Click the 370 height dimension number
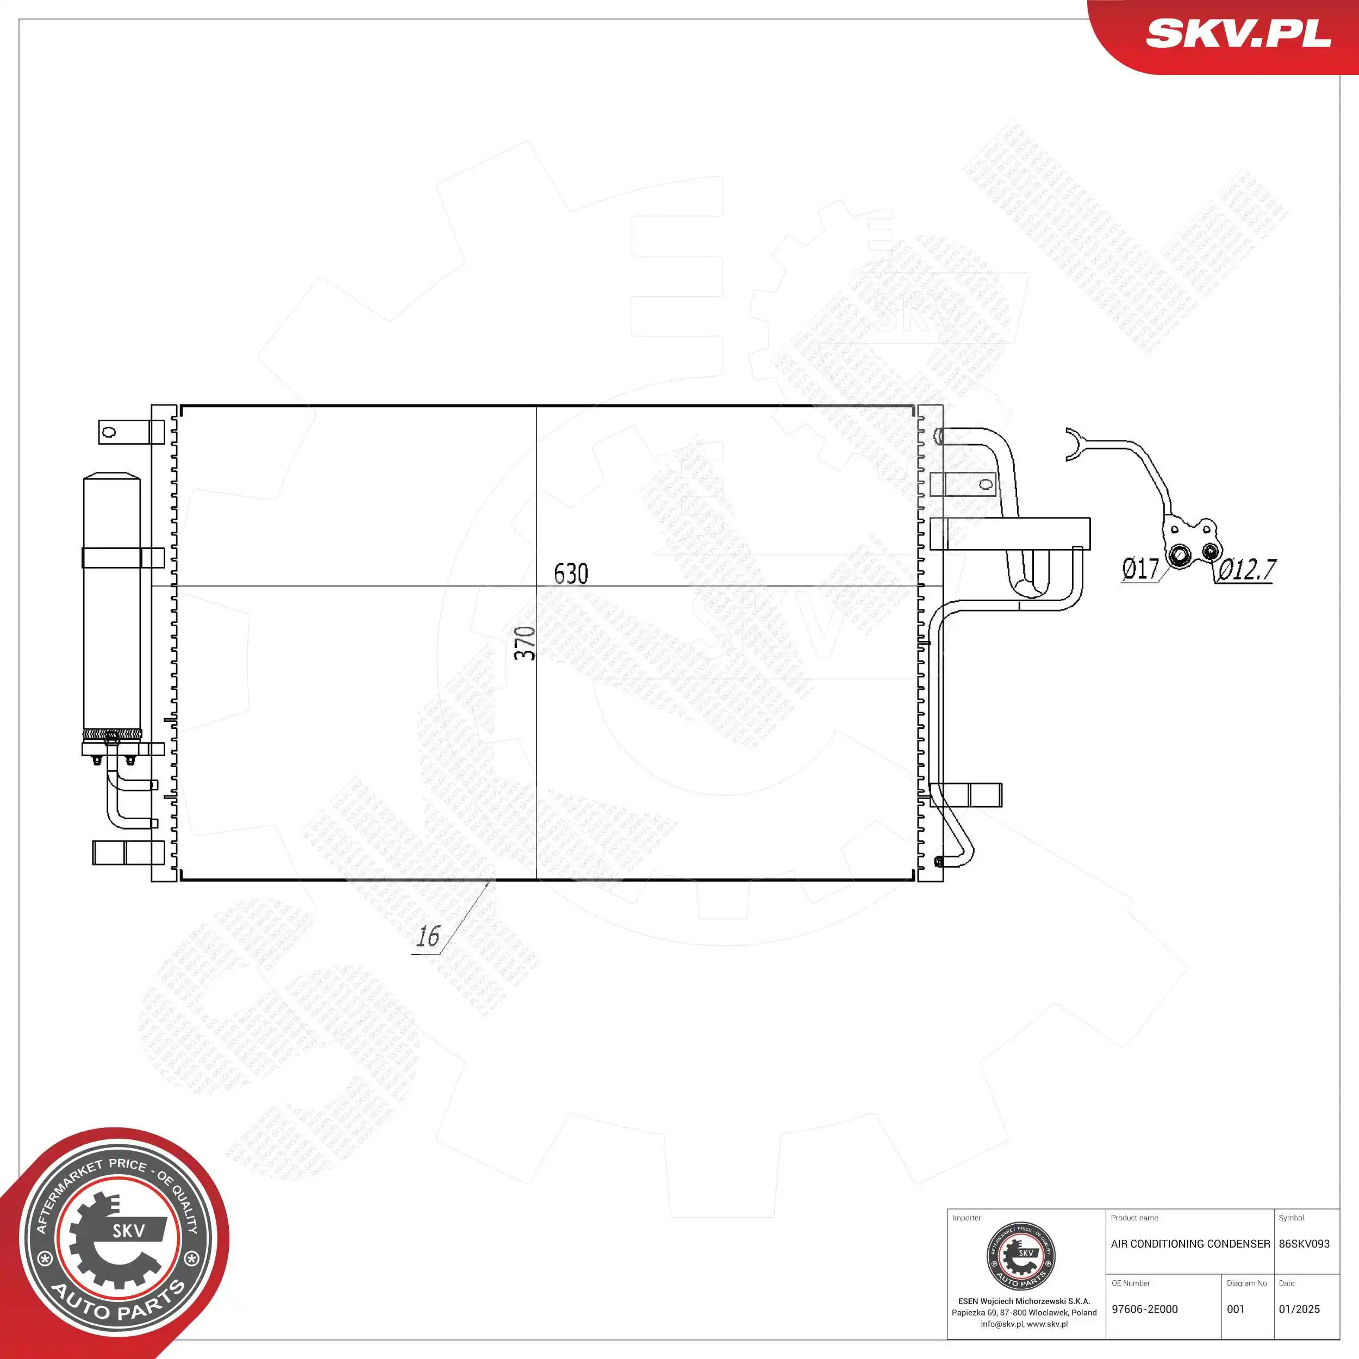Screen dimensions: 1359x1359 pyautogui.click(x=525, y=643)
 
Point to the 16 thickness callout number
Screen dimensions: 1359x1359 pyautogui.click(x=428, y=936)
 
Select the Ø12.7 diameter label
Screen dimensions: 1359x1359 pyautogui.click(x=1247, y=569)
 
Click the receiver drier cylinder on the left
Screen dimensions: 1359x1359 pyautogui.click(x=112, y=605)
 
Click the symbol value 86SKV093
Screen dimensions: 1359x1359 pyautogui.click(x=1304, y=1244)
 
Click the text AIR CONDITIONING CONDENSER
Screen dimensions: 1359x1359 pyautogui.click(x=1190, y=1244)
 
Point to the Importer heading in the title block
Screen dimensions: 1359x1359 pyautogui.click(x=967, y=1218)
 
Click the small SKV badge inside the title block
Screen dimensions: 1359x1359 pyautogui.click(x=1021, y=1256)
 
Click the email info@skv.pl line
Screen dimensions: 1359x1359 pyautogui.click(x=1024, y=1324)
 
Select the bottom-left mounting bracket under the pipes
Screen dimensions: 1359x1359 pyautogui.click(x=128, y=852)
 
